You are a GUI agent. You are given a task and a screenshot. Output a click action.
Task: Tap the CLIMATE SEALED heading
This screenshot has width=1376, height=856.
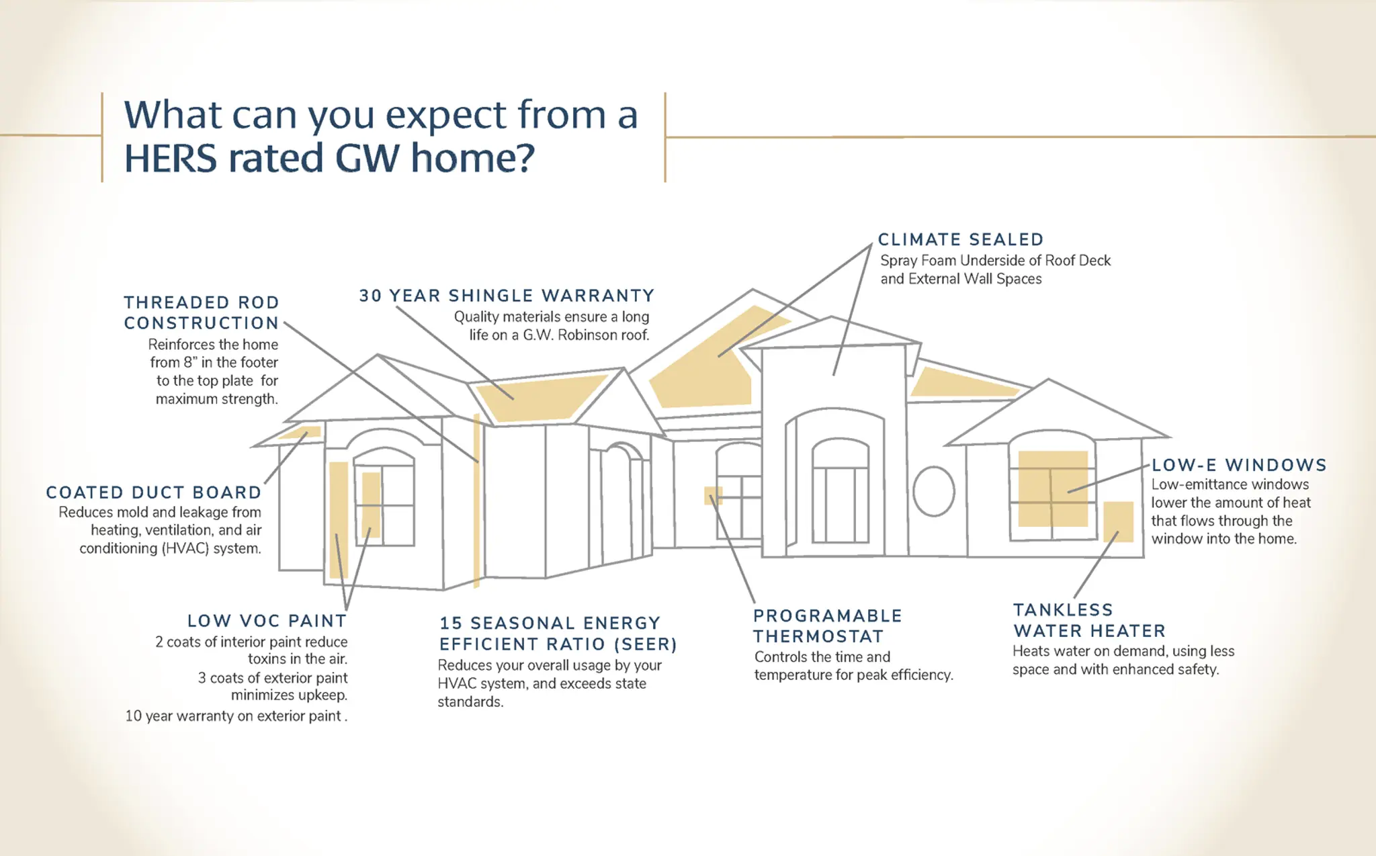click(x=961, y=239)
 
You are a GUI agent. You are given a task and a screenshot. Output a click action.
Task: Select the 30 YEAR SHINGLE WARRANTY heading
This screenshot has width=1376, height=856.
click(x=507, y=296)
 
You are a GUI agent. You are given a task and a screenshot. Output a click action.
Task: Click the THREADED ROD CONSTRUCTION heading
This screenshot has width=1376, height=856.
click(x=202, y=312)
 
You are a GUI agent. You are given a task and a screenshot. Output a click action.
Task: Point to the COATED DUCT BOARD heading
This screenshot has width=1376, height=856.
click(x=154, y=493)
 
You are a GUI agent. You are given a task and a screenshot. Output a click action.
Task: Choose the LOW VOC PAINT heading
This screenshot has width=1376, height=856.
click(x=267, y=620)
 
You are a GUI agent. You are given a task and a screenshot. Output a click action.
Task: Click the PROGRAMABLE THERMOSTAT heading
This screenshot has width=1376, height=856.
click(x=827, y=626)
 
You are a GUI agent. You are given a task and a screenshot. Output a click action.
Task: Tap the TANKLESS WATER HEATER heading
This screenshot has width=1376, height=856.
click(x=1089, y=620)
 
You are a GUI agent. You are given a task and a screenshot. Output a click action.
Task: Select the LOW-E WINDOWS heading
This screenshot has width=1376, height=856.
click(x=1239, y=465)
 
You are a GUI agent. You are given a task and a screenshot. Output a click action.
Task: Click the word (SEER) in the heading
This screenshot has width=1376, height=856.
click(x=645, y=644)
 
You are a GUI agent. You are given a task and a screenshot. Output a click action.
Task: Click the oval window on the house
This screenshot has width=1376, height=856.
click(x=934, y=491)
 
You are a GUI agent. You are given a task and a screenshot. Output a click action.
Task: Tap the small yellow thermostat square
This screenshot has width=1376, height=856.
click(x=714, y=496)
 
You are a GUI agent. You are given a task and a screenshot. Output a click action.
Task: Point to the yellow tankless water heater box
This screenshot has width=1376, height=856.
click(x=1119, y=521)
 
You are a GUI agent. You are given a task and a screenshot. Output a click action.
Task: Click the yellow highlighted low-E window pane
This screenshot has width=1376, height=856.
click(x=1053, y=488)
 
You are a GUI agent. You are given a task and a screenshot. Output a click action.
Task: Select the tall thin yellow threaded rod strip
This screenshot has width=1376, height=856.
click(x=476, y=501)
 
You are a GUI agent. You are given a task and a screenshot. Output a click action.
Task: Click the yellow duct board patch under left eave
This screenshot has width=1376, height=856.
click(x=300, y=432)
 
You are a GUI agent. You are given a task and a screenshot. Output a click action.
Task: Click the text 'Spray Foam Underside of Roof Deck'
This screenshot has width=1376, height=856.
click(x=995, y=260)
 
